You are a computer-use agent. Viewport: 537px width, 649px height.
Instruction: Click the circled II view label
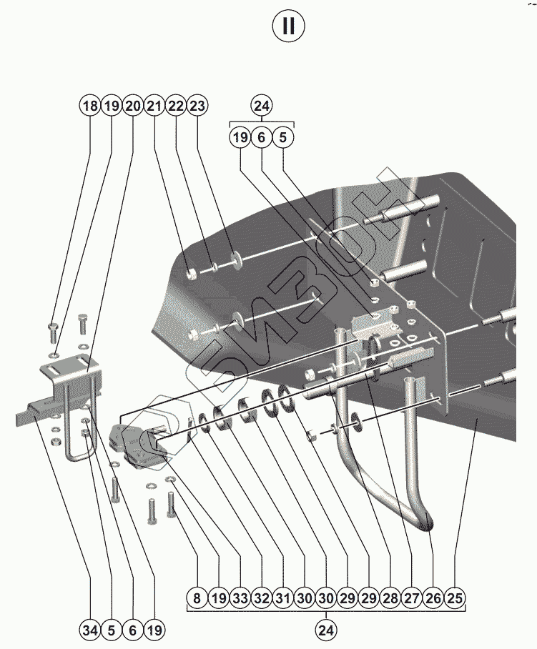point(289,26)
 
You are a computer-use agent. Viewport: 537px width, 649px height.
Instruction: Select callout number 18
point(90,106)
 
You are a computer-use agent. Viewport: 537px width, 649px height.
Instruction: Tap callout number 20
point(133,106)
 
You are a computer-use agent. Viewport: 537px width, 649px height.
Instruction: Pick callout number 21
point(154,106)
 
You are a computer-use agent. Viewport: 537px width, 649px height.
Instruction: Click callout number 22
point(176,106)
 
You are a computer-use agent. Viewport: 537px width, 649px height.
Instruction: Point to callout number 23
point(197,106)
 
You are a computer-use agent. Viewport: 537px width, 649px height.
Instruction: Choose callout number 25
point(454,598)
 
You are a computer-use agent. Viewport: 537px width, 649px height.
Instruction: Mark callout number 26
point(433,598)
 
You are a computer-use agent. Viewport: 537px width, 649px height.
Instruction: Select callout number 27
point(412,598)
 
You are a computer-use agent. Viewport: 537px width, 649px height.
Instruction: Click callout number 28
point(390,598)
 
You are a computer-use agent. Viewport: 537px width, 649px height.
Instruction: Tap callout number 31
point(282,598)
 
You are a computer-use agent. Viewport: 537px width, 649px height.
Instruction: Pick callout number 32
point(261,598)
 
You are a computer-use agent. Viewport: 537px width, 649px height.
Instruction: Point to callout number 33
point(240,598)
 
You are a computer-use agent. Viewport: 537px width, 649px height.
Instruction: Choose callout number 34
point(90,630)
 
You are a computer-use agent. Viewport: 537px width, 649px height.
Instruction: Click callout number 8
point(197,598)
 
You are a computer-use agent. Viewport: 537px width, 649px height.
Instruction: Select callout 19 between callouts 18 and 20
point(112,106)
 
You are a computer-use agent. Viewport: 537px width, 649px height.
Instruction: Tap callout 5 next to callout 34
point(111,630)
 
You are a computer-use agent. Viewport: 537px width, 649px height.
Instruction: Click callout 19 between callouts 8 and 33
point(219,598)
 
